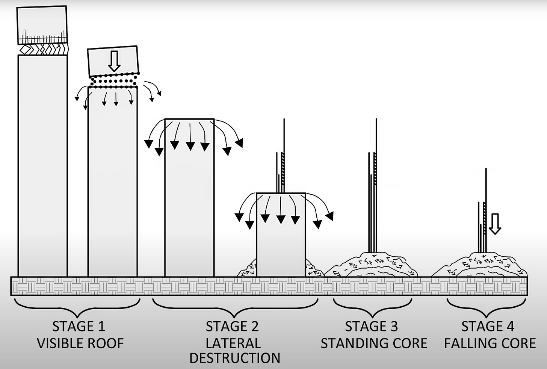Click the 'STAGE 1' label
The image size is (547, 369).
pyautogui.click(x=79, y=326)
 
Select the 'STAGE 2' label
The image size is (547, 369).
pyautogui.click(x=232, y=326)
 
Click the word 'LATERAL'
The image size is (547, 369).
pyautogui.click(x=233, y=343)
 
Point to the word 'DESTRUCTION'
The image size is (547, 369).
pyautogui.click(x=235, y=358)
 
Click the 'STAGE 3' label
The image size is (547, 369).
pyautogui.click(x=371, y=326)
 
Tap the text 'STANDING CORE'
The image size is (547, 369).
pyautogui.click(x=374, y=343)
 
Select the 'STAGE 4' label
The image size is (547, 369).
pyautogui.click(x=488, y=326)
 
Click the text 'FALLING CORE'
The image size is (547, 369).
pyautogui.click(x=490, y=343)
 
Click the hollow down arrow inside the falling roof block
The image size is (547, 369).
pyautogui.click(x=114, y=61)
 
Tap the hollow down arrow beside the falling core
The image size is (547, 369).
pyautogui.click(x=495, y=224)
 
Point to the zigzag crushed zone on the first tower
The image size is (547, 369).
pyautogui.click(x=43, y=49)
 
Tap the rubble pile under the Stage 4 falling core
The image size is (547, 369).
pyautogui.click(x=479, y=266)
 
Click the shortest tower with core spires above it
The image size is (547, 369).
pyautogui.click(x=281, y=235)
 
